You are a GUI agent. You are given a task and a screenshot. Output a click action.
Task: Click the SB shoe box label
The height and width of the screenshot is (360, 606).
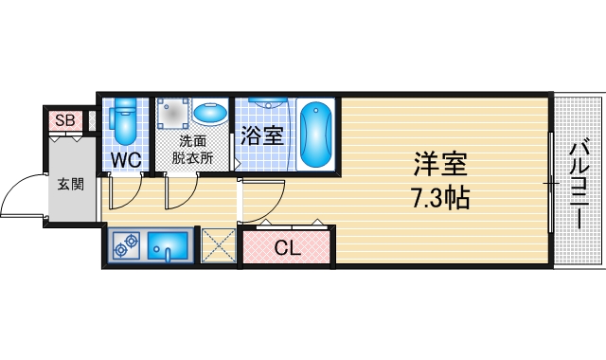pyautogui.click(x=64, y=120)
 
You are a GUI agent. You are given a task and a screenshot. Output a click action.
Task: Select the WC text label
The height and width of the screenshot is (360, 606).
pyautogui.click(x=126, y=160)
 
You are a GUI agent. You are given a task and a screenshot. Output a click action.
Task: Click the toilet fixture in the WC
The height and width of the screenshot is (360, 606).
pyautogui.click(x=125, y=121)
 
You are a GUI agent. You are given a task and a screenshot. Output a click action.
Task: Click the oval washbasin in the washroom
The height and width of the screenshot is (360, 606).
pyautogui.click(x=209, y=115)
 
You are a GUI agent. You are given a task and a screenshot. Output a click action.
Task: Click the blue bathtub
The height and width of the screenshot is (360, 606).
pyautogui.click(x=315, y=134)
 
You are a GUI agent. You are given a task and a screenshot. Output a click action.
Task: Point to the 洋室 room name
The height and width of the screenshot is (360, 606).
pyautogui.click(x=439, y=165)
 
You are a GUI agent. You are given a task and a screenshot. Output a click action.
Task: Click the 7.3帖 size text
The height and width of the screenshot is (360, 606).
pyautogui.click(x=440, y=199)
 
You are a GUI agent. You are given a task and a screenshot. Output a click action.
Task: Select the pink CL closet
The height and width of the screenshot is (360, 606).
pyautogui.click(x=286, y=249)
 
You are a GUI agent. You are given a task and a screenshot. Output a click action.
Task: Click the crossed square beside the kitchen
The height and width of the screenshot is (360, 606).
pyautogui.click(x=218, y=247)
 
